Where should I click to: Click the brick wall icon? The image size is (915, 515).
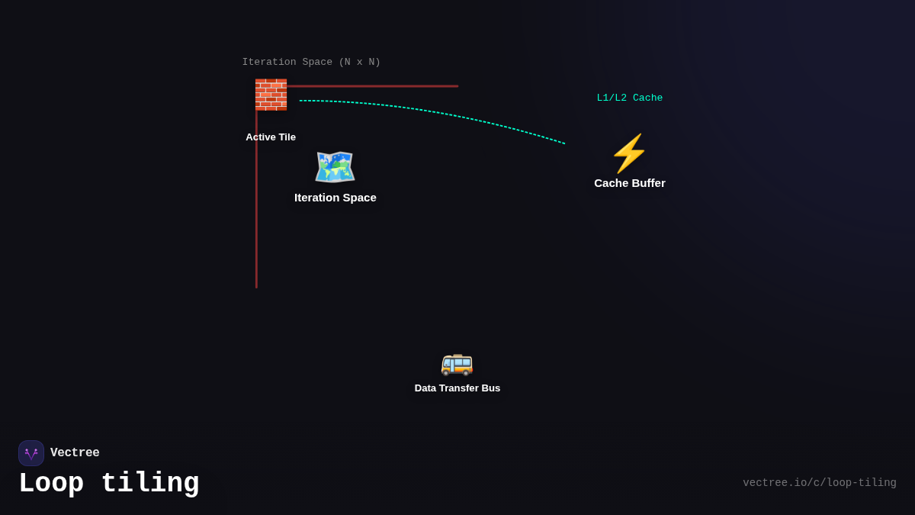point(271,95)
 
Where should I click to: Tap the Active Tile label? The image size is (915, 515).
point(271,137)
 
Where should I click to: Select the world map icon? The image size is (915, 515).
point(335,166)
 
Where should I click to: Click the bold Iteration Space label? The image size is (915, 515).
point(335,198)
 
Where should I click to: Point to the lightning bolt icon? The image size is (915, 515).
point(629,153)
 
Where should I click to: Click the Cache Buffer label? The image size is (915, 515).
point(630,183)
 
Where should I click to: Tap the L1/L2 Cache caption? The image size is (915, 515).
point(630,98)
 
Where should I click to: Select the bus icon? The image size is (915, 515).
point(457,363)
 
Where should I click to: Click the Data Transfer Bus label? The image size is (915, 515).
point(457,388)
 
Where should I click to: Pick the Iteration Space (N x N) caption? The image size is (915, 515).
point(311,63)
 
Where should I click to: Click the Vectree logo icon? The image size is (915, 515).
point(31,453)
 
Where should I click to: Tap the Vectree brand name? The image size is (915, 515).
point(75,453)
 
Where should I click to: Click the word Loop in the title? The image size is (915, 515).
point(51,484)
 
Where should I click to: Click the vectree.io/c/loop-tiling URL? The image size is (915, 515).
point(820,483)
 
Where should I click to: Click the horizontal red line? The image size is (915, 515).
point(374,86)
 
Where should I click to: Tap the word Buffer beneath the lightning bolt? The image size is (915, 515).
point(648,183)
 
